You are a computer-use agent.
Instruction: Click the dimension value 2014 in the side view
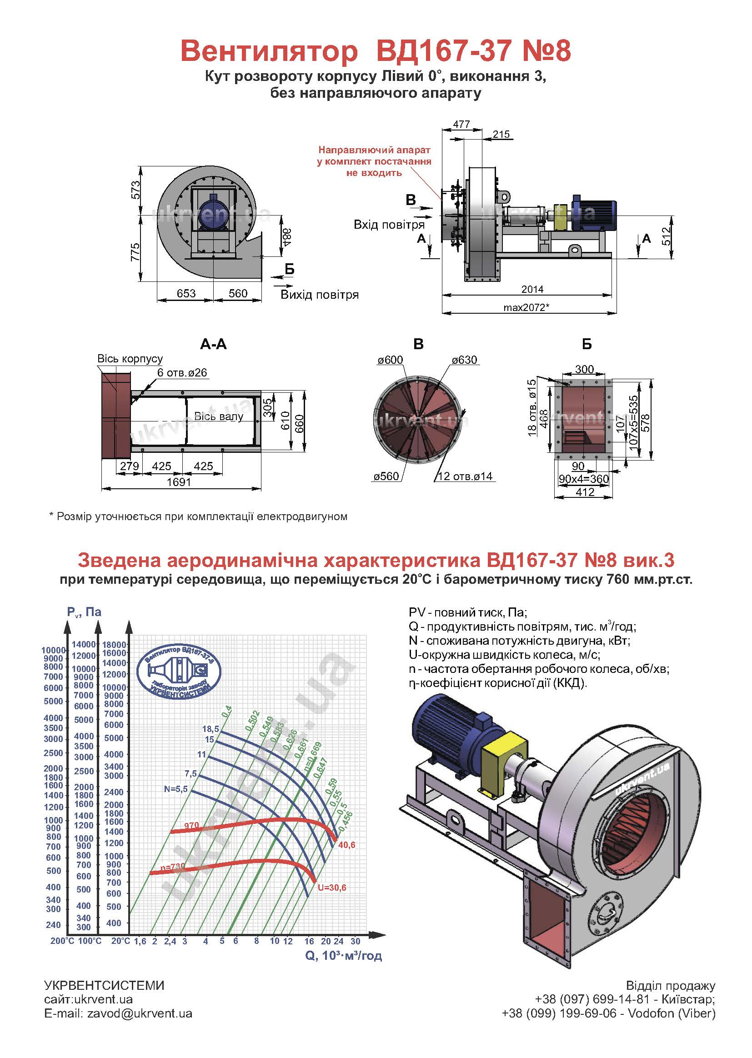coord(532,289)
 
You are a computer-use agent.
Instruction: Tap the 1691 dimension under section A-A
coord(179,482)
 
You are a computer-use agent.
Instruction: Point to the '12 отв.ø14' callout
coord(465,476)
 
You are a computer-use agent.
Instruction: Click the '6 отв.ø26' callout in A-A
coord(182,373)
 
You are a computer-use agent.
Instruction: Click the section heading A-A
coord(214,344)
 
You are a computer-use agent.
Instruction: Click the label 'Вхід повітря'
coord(389,225)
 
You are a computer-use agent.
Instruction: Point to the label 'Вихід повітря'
coord(320,295)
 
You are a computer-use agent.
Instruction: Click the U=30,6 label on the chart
coord(332,888)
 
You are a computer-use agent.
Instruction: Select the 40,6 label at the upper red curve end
coord(347,845)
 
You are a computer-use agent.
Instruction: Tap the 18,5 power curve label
coord(211,729)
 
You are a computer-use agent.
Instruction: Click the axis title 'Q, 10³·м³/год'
coord(344,956)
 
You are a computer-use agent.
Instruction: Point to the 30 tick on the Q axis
coord(355,941)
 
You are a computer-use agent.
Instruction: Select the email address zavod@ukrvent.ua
coord(140,1013)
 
